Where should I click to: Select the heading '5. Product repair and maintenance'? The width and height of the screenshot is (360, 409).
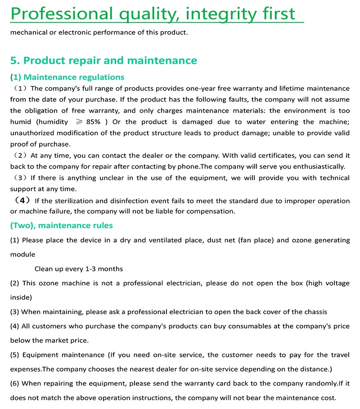(103, 60)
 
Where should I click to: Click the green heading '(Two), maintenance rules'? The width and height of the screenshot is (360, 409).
(62, 225)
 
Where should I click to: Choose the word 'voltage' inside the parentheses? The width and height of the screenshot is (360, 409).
(336, 283)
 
